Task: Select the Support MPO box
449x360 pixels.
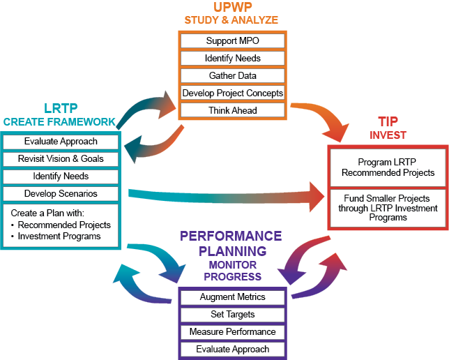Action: point(232,41)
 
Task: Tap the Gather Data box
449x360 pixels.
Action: point(232,75)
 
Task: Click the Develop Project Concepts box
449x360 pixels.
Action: point(232,93)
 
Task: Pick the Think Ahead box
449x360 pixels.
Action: point(232,110)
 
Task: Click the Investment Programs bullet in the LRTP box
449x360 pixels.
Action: point(59,236)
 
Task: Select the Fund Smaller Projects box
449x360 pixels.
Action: point(388,208)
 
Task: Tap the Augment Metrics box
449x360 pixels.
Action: point(232,297)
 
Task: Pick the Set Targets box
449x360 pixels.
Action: point(232,315)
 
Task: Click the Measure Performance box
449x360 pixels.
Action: point(232,332)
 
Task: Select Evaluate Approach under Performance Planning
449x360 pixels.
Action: point(232,349)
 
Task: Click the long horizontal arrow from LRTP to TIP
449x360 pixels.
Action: point(223,195)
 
